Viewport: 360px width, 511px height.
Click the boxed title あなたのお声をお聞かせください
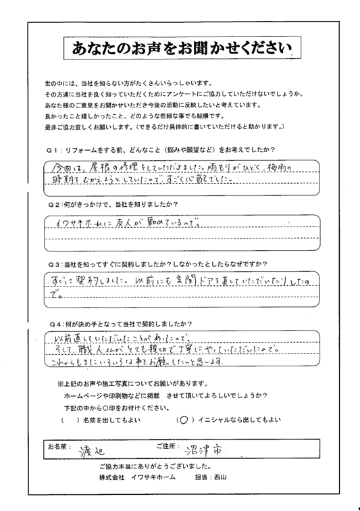[x=179, y=47]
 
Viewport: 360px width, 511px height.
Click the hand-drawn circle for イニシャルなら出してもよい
[x=184, y=420]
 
